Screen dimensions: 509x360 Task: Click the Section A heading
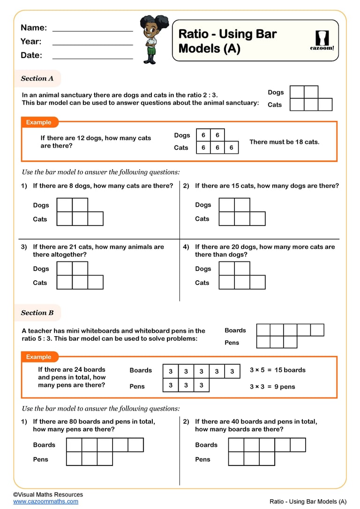tap(37, 78)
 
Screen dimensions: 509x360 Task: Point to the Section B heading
tap(37, 313)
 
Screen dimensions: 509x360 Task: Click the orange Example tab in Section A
tap(39, 122)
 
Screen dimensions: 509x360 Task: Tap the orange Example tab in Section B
tap(39, 357)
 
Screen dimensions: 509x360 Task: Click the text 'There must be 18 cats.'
tap(284, 142)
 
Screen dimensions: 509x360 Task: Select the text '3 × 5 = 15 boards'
tap(277, 370)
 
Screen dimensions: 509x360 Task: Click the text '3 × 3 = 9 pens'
tap(272, 387)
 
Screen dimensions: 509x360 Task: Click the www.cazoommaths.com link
tap(45, 501)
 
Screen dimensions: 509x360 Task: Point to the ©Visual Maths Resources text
tap(48, 494)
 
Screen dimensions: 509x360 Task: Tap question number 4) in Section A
tap(186, 247)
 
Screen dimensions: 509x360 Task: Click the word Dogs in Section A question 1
tap(41, 205)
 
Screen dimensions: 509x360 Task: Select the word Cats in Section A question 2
tap(202, 219)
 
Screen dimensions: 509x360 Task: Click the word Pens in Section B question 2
tap(202, 459)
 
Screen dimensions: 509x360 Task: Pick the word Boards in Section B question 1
tap(44, 445)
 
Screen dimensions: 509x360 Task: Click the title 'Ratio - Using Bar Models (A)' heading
tap(227, 41)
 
